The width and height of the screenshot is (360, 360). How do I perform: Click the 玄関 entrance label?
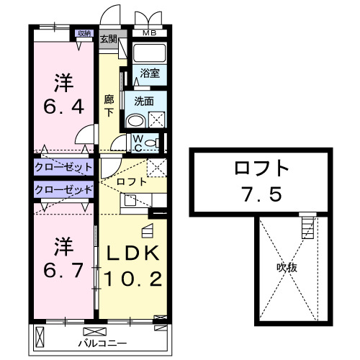click(109, 39)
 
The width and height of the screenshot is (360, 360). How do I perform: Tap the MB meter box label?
click(148, 33)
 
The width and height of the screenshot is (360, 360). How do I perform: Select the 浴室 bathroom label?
click(150, 73)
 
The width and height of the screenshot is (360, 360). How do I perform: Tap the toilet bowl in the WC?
click(150, 143)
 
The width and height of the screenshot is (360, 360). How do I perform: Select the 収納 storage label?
click(84, 33)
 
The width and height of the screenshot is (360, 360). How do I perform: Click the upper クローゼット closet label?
click(63, 167)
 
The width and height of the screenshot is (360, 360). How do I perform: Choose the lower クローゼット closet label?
click(63, 189)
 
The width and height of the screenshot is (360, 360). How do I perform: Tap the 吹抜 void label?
click(287, 267)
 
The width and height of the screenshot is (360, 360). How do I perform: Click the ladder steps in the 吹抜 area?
click(308, 228)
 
